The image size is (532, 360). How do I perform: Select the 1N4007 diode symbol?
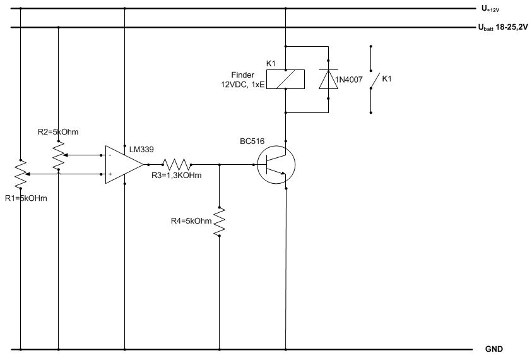pos(328,80)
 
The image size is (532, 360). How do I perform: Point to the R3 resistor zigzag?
pos(177,165)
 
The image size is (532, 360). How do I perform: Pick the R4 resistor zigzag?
pos(219,222)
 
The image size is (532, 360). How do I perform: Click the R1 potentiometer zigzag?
pos(21,174)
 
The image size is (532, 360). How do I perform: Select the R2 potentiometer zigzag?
pos(58,155)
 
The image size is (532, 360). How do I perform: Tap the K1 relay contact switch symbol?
pos(374,80)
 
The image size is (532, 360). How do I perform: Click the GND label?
pos(494,349)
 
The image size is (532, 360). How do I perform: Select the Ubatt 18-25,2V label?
pos(503,28)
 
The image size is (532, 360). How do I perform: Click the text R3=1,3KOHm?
pos(177,175)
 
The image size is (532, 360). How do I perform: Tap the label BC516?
pos(252,141)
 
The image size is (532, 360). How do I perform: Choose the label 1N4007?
pos(349,80)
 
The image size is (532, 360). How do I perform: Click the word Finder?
pos(242,75)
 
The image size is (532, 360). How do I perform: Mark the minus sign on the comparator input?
pos(110,155)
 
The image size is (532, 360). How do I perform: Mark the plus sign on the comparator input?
pos(110,174)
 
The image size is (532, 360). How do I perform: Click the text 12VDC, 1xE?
pos(242,85)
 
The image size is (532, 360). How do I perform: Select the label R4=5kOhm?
pos(191,221)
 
